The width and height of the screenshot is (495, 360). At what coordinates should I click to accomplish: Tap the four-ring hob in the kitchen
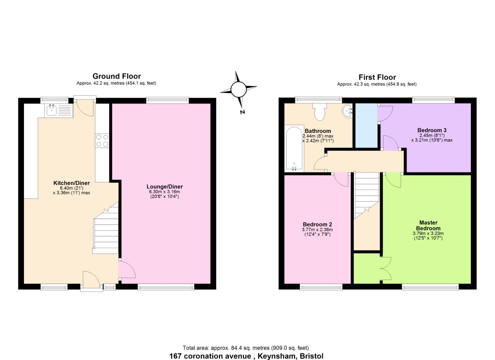point(102,140)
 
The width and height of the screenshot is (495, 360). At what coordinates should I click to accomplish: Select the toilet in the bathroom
point(319,112)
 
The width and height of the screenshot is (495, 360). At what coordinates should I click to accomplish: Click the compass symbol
point(238,89)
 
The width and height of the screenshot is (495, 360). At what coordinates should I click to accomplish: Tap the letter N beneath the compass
point(242,112)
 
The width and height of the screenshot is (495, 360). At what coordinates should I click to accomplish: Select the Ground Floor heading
point(117,76)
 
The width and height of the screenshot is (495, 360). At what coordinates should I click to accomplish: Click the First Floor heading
point(377,77)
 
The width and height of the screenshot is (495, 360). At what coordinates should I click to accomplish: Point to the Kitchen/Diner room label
point(71,183)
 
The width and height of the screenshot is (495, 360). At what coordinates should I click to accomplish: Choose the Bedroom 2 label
point(317,224)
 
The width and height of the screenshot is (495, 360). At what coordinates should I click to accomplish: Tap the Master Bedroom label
point(428,225)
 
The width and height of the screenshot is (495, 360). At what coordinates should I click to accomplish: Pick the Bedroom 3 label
point(432,130)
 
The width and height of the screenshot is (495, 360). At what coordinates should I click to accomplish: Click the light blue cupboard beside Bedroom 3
point(366,125)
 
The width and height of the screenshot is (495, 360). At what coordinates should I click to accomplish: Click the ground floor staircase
point(106,230)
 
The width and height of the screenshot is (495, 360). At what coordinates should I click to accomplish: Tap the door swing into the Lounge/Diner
point(127,269)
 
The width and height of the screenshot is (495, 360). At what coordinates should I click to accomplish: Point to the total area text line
point(246,348)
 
